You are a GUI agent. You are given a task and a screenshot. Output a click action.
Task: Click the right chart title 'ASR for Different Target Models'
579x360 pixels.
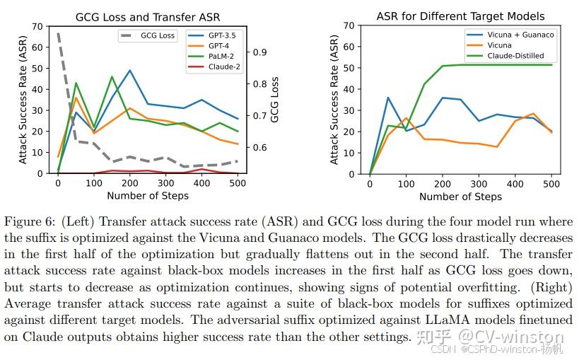point(460,16)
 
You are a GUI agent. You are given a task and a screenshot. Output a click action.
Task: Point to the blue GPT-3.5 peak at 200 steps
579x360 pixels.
point(130,70)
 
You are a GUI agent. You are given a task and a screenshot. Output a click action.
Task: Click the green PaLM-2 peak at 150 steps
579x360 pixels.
point(112,76)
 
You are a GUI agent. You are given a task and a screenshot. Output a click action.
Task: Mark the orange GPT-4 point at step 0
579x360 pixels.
point(58,156)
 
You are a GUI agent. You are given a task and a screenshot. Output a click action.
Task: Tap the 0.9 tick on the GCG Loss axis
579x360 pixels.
point(259,52)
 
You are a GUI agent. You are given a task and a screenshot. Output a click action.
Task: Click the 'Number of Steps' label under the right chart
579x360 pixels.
point(460,196)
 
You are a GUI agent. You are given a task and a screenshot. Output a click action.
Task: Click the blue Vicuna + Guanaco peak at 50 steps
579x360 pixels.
point(388,98)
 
